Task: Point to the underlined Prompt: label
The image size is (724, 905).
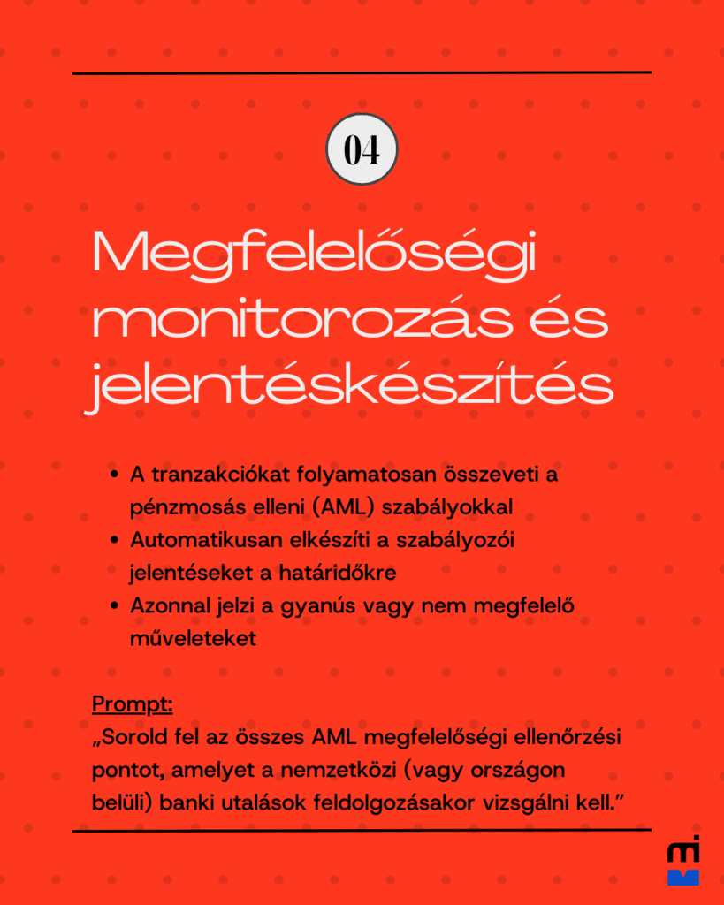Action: pos(132,705)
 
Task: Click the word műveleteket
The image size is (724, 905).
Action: pos(193,638)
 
